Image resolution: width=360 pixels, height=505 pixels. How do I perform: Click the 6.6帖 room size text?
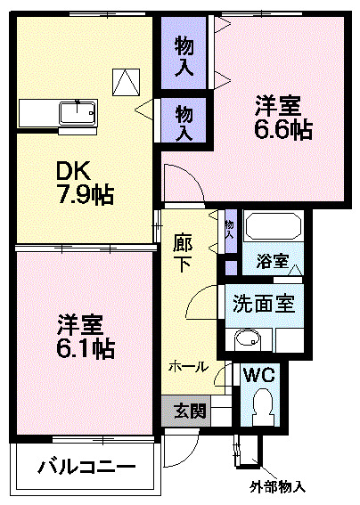click(x=284, y=129)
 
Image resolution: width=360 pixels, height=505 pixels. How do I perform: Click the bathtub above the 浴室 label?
click(x=274, y=228)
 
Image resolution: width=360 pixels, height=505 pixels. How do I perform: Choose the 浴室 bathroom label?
click(x=274, y=262)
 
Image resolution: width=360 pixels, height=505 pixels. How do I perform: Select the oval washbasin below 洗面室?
click(x=245, y=338)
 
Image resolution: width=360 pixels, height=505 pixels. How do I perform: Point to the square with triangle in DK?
click(x=126, y=82)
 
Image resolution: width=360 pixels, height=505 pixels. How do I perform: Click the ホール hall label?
click(x=189, y=366)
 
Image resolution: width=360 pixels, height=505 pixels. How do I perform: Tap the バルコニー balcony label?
click(x=86, y=467)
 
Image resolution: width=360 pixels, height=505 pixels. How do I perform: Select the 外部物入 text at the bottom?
click(x=277, y=487)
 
